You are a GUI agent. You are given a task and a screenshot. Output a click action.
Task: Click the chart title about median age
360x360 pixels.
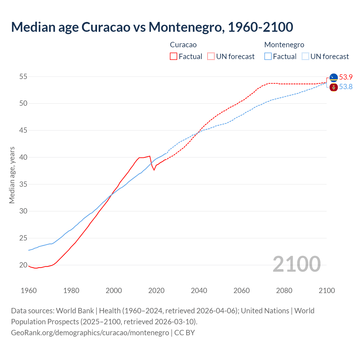[x=152, y=27]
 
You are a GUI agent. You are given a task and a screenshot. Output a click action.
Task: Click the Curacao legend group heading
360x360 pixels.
[x=183, y=45]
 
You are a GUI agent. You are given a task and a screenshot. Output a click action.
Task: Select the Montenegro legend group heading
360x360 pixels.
[x=284, y=45]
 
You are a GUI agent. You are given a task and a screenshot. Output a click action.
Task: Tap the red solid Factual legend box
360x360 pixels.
[x=174, y=57]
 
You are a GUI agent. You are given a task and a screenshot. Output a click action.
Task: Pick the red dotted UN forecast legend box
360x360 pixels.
[x=211, y=57]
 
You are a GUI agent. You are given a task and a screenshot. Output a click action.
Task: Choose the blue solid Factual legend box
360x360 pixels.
[x=268, y=57]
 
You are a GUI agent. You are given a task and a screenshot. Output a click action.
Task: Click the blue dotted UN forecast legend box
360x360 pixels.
[x=305, y=57]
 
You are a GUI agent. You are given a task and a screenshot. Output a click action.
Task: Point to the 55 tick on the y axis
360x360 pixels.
[x=23, y=76]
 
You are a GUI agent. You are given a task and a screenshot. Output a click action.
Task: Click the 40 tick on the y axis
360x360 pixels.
[x=23, y=157]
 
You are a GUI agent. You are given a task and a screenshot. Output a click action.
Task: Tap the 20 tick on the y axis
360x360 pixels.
[x=23, y=265]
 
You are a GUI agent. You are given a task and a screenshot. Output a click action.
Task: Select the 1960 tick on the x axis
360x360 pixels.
[x=29, y=291]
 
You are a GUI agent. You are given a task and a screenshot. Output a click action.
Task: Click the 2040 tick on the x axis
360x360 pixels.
[x=199, y=291]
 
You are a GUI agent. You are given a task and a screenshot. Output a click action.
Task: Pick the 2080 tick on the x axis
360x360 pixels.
[x=284, y=291]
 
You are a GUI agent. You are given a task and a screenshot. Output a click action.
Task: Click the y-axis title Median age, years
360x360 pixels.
[x=12, y=175]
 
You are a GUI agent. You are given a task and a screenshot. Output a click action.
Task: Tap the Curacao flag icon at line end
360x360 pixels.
[x=334, y=77]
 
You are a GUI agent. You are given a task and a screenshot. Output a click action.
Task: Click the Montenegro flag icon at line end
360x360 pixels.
[x=334, y=87]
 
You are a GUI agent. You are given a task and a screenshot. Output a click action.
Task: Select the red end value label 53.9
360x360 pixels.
[x=346, y=77]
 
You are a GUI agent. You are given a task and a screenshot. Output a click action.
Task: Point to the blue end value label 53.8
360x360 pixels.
[x=346, y=87]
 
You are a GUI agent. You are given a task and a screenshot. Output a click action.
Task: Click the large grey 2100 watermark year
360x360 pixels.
[x=296, y=264]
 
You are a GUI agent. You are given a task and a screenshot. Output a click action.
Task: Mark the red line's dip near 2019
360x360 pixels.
[x=154, y=170]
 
